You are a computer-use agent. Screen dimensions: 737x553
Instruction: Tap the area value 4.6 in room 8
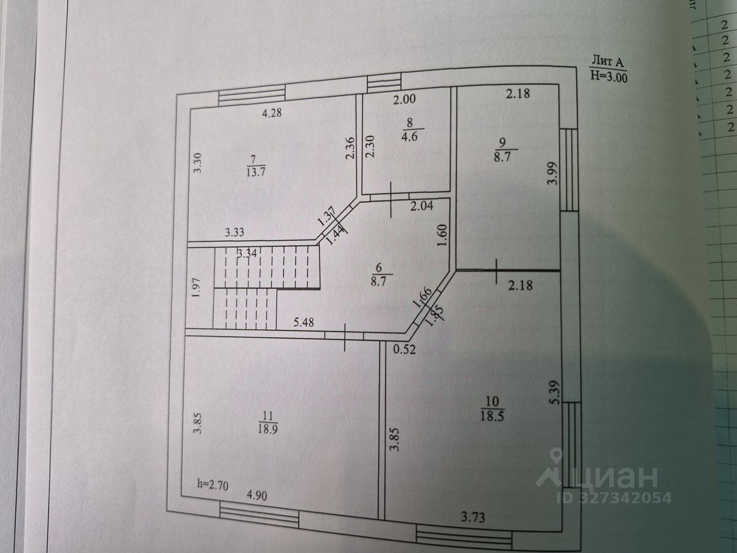click(x=410, y=136)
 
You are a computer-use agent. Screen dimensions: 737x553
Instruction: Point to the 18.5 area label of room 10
click(x=491, y=416)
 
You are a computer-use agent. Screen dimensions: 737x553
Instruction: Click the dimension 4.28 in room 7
click(x=271, y=113)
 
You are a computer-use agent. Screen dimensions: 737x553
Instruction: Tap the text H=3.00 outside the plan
click(x=609, y=76)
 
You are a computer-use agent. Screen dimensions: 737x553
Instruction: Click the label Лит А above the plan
click(x=607, y=61)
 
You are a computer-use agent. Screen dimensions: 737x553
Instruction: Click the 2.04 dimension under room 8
click(x=421, y=206)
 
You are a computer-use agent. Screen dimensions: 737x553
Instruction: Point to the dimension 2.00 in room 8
click(x=404, y=98)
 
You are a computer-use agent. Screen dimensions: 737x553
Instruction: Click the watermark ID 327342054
click(x=614, y=498)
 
